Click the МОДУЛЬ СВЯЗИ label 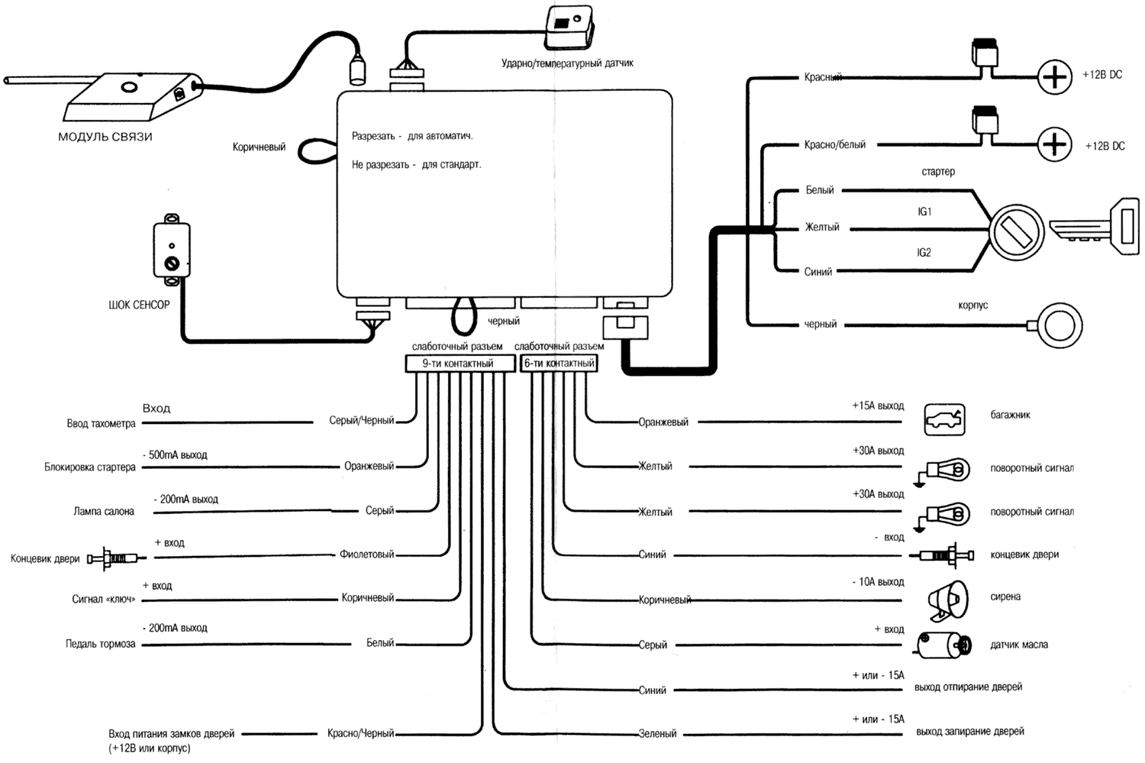[x=105, y=137]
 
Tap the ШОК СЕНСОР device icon [x=172, y=251]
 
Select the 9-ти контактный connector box [x=458, y=364]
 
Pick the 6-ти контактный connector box [x=559, y=364]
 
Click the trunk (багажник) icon [x=944, y=420]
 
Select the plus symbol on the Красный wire [x=1055, y=78]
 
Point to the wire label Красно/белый [x=834, y=145]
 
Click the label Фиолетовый [x=366, y=554]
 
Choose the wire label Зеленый [x=657, y=734]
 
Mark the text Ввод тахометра [x=101, y=424]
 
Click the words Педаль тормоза [x=100, y=644]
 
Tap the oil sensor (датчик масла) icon [x=944, y=646]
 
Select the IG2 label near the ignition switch [x=924, y=253]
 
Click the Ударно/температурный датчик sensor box [x=569, y=27]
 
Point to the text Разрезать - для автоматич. [x=412, y=136]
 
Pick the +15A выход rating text [x=878, y=406]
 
